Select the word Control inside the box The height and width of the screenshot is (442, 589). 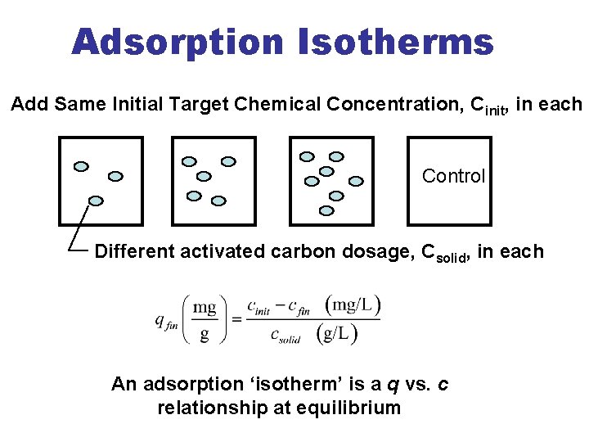click(453, 176)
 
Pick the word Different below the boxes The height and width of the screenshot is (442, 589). click(134, 251)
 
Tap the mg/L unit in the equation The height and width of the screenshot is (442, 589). click(353, 306)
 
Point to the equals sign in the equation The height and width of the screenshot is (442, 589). click(236, 319)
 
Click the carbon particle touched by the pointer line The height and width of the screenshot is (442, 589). click(96, 201)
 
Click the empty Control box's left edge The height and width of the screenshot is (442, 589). click(408, 181)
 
